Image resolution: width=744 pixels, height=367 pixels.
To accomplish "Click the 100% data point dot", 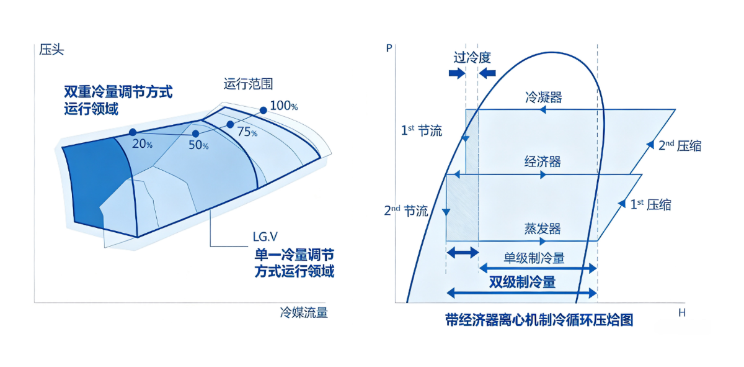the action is (x=263, y=110).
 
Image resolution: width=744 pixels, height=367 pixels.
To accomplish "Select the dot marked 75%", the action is (x=230, y=124).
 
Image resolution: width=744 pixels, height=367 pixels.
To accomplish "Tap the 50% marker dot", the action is (x=196, y=134).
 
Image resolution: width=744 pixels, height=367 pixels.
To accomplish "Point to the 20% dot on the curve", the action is (x=133, y=132).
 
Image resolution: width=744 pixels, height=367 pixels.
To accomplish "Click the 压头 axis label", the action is (x=51, y=50).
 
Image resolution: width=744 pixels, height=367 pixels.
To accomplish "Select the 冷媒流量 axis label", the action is (x=304, y=312).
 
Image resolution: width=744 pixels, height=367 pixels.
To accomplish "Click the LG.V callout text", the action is (x=265, y=237).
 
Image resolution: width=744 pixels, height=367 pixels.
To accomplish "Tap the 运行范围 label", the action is (x=248, y=84).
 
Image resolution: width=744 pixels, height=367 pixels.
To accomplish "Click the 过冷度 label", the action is (x=472, y=58).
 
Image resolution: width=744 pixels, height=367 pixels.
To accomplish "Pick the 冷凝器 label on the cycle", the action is (x=543, y=97).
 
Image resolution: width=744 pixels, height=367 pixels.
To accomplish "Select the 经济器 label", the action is (x=542, y=161).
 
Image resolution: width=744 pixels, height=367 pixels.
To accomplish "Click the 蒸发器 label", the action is (x=542, y=229).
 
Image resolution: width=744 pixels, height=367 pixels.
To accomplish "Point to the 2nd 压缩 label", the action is (x=680, y=146).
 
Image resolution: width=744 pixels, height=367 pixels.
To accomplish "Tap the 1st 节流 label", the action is (x=422, y=130).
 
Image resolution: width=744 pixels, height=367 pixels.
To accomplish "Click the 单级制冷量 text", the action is (x=534, y=258).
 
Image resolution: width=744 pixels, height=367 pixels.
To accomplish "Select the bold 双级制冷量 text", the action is (x=523, y=282).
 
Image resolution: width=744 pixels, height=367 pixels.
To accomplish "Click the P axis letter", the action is (x=389, y=48).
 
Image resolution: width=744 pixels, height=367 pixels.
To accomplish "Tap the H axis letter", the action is (x=682, y=313).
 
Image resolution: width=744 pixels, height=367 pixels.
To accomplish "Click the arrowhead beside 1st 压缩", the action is (x=621, y=203).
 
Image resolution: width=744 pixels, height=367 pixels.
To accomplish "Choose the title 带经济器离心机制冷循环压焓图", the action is (x=539, y=320).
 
